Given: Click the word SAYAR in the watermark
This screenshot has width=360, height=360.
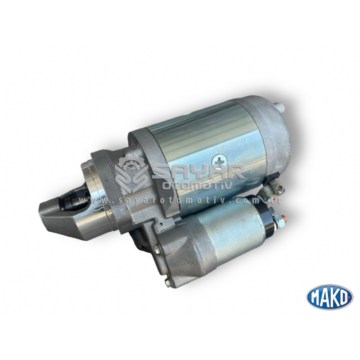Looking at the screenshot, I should [x=198, y=172].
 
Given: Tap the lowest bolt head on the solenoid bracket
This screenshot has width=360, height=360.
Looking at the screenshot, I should [x=167, y=283].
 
